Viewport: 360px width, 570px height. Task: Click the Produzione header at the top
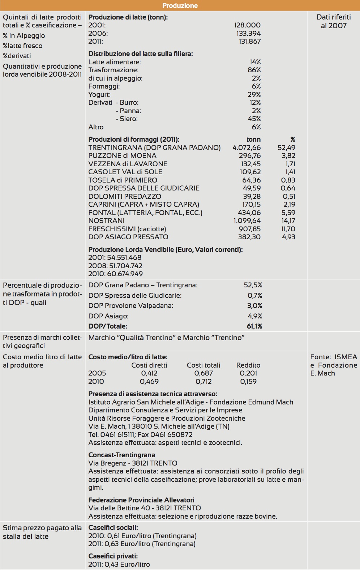tap(180, 5)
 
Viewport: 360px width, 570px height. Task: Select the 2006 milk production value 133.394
tap(247, 33)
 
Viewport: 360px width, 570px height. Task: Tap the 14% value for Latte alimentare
tap(255, 62)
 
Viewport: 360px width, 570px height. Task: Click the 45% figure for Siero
tap(254, 119)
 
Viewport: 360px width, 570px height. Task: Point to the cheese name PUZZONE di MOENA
tap(123, 156)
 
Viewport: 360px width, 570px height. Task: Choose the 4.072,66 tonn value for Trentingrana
tap(247, 147)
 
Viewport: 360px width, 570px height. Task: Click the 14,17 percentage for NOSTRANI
tap(288, 220)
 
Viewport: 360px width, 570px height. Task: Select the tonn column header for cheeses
tap(253, 140)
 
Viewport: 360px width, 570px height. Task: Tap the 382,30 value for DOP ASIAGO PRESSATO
tap(249, 237)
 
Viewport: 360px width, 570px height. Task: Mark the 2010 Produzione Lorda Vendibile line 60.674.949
tap(115, 274)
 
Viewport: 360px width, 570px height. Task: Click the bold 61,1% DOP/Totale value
tap(254, 326)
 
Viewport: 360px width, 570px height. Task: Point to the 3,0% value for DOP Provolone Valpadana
tap(255, 306)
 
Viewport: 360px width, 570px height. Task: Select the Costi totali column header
tap(203, 365)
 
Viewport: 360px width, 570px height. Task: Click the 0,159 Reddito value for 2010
tap(248, 381)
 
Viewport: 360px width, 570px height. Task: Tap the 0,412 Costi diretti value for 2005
tap(149, 373)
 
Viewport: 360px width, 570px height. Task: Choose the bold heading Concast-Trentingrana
tap(122, 455)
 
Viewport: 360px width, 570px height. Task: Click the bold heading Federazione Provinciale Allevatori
tap(141, 500)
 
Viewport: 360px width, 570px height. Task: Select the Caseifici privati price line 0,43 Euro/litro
tap(119, 564)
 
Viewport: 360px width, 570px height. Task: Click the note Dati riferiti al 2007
tap(334, 21)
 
